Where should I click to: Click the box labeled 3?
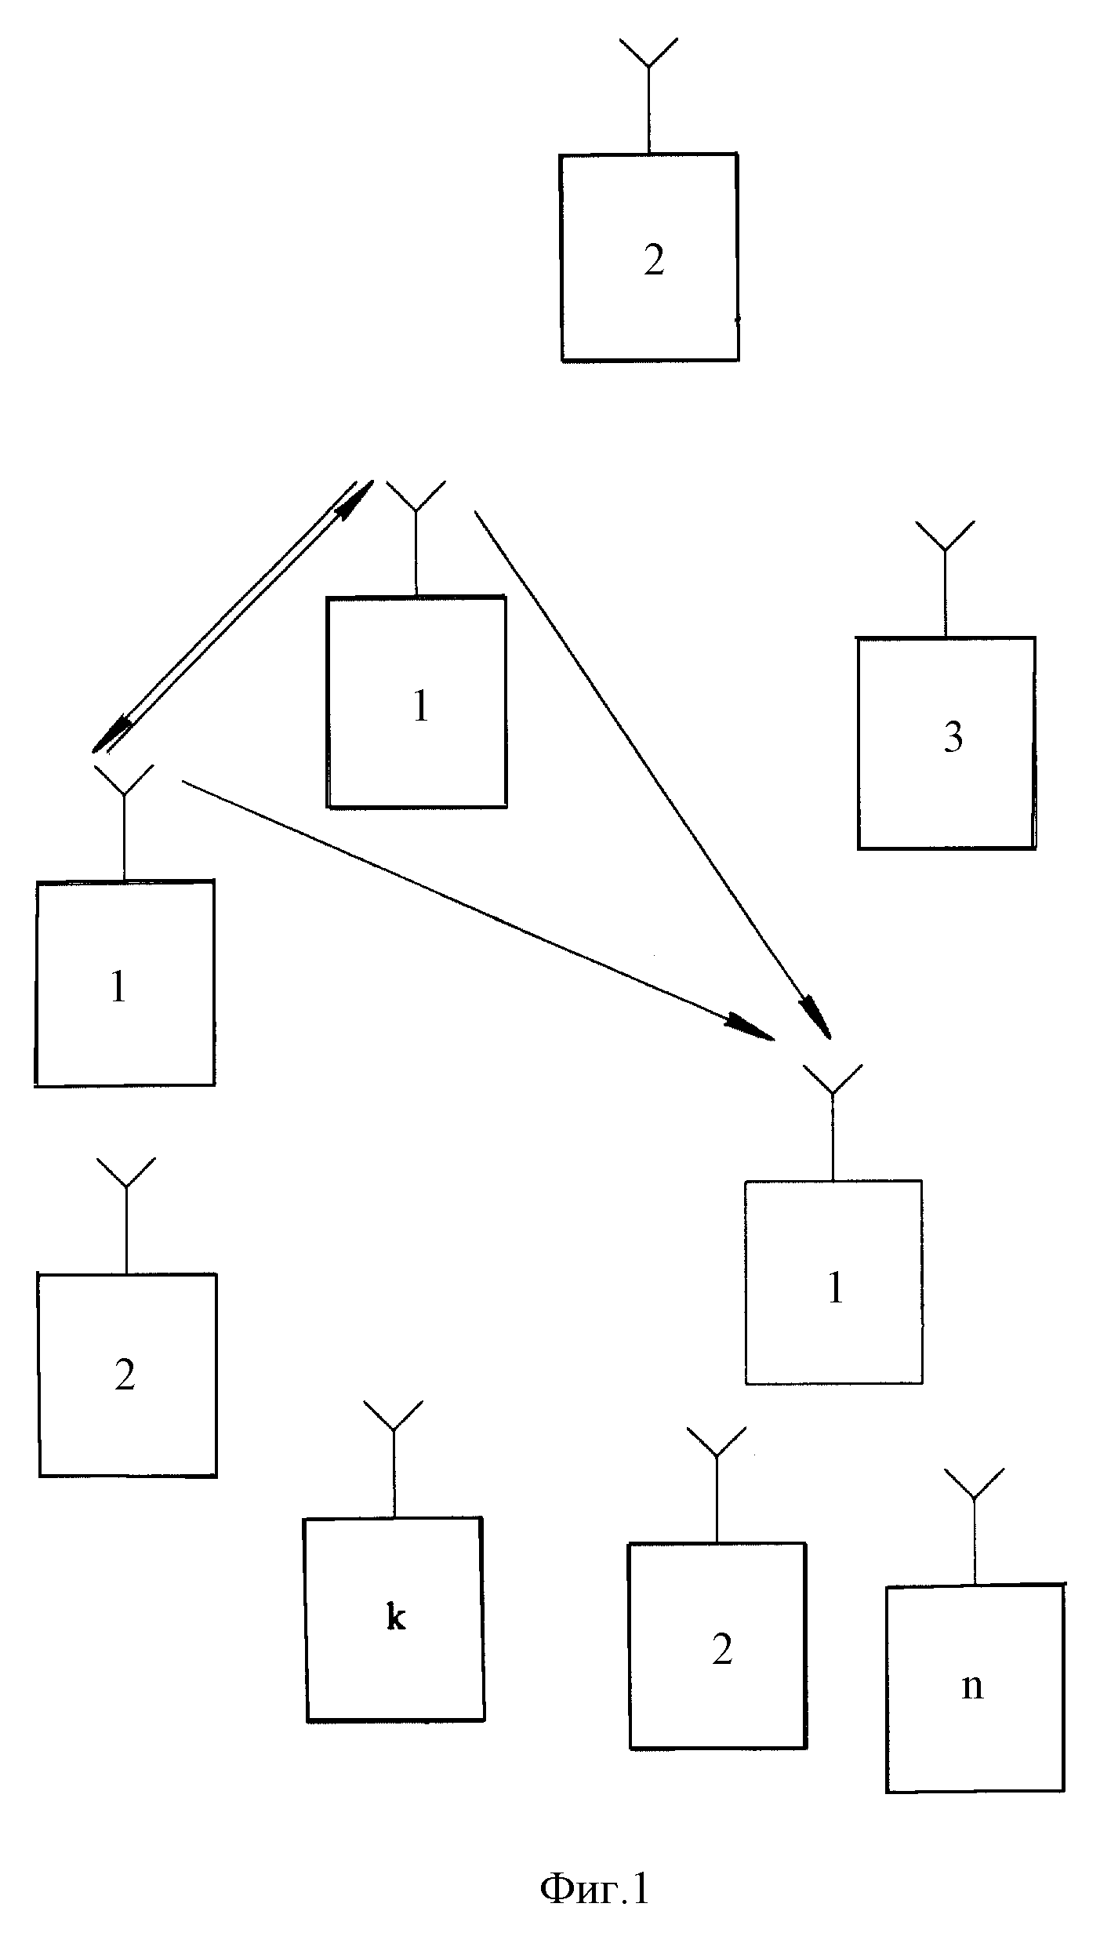click(946, 743)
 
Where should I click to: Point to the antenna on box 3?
click(946, 578)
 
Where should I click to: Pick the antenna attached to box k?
click(394, 1458)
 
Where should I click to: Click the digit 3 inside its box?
click(953, 738)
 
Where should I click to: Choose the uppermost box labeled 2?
click(649, 257)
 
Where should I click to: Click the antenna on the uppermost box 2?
click(648, 95)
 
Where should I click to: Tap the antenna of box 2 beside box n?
click(717, 1484)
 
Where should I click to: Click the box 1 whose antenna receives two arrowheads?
click(833, 1283)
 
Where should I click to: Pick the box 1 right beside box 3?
click(416, 702)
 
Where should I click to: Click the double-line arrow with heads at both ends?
click(231, 616)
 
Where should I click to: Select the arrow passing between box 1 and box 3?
click(652, 775)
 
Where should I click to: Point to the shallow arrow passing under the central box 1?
click(478, 910)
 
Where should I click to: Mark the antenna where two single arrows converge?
click(833, 1122)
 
